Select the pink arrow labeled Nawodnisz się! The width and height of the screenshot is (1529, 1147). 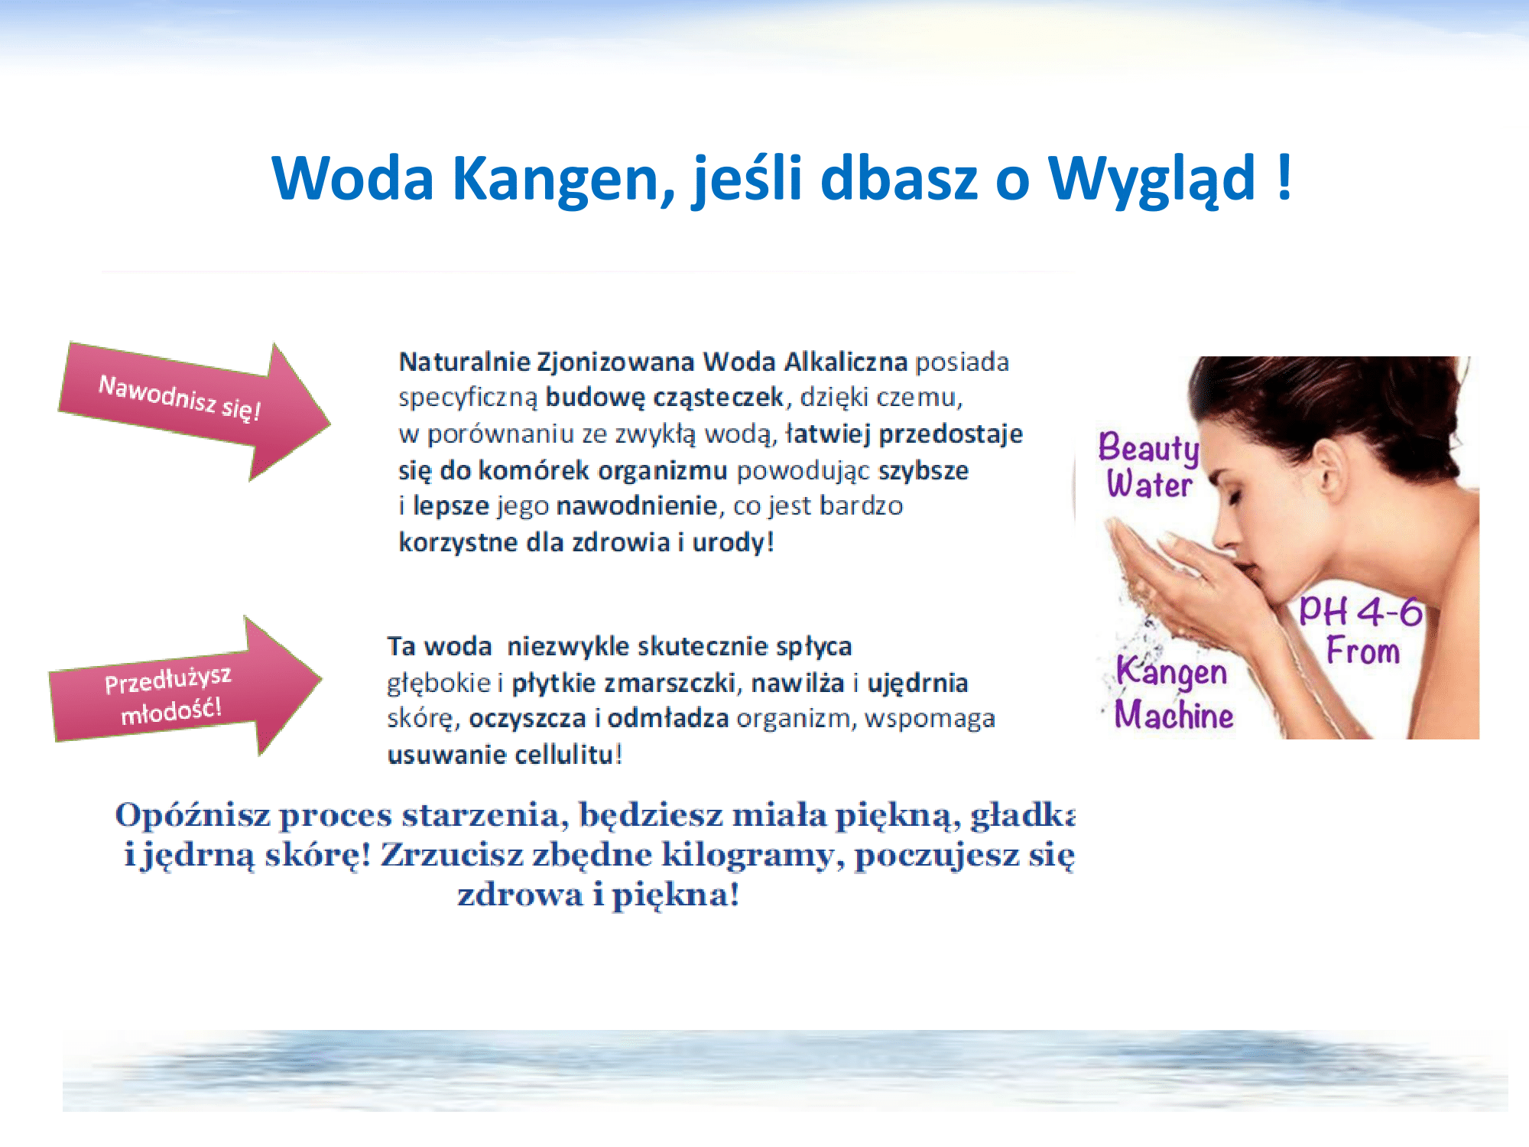[194, 411]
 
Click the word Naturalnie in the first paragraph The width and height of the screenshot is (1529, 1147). [464, 362]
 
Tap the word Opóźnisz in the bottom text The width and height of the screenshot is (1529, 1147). [193, 816]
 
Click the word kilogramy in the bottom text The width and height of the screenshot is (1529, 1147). [747, 856]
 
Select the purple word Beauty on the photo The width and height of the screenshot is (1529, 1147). [1148, 449]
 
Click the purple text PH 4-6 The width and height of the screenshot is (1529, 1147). [1361, 612]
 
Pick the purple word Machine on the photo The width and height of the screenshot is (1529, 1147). [1174, 714]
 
